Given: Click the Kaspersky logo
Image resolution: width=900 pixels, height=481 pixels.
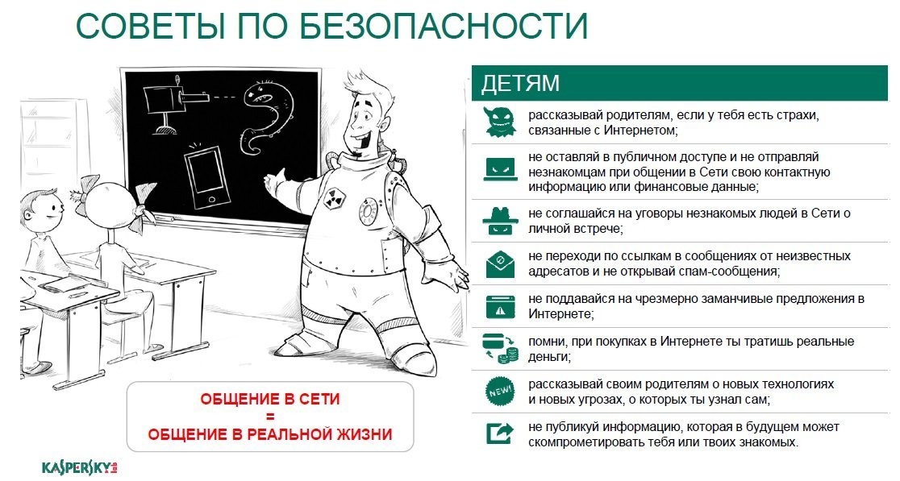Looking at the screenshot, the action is (80, 467).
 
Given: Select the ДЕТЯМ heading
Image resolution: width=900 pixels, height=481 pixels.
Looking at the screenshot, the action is (520, 84).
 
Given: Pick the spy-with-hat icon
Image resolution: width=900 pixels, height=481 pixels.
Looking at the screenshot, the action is (500, 221).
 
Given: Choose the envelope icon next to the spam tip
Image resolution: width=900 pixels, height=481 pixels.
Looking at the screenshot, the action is (500, 263).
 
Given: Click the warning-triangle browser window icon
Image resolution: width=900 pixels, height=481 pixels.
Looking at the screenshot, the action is (500, 306).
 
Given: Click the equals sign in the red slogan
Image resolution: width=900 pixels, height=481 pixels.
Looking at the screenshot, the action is (270, 417).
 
